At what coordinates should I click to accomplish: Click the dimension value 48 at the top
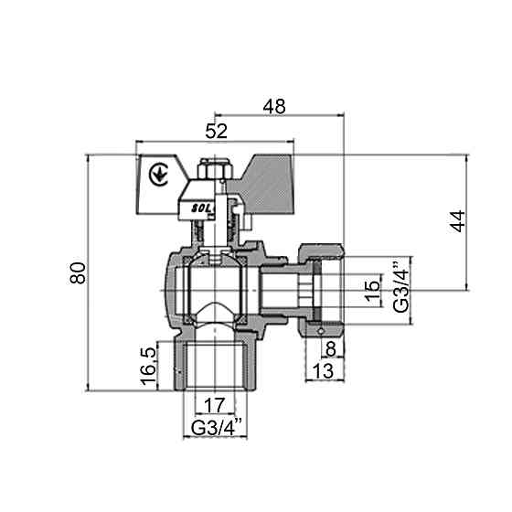[x=273, y=106]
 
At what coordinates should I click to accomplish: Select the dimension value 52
[x=216, y=132]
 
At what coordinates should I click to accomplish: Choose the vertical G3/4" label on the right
[x=400, y=289]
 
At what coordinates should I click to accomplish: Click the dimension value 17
[x=216, y=403]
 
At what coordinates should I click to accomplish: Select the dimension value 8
[x=330, y=347]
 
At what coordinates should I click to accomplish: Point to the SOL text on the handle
[x=200, y=208]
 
